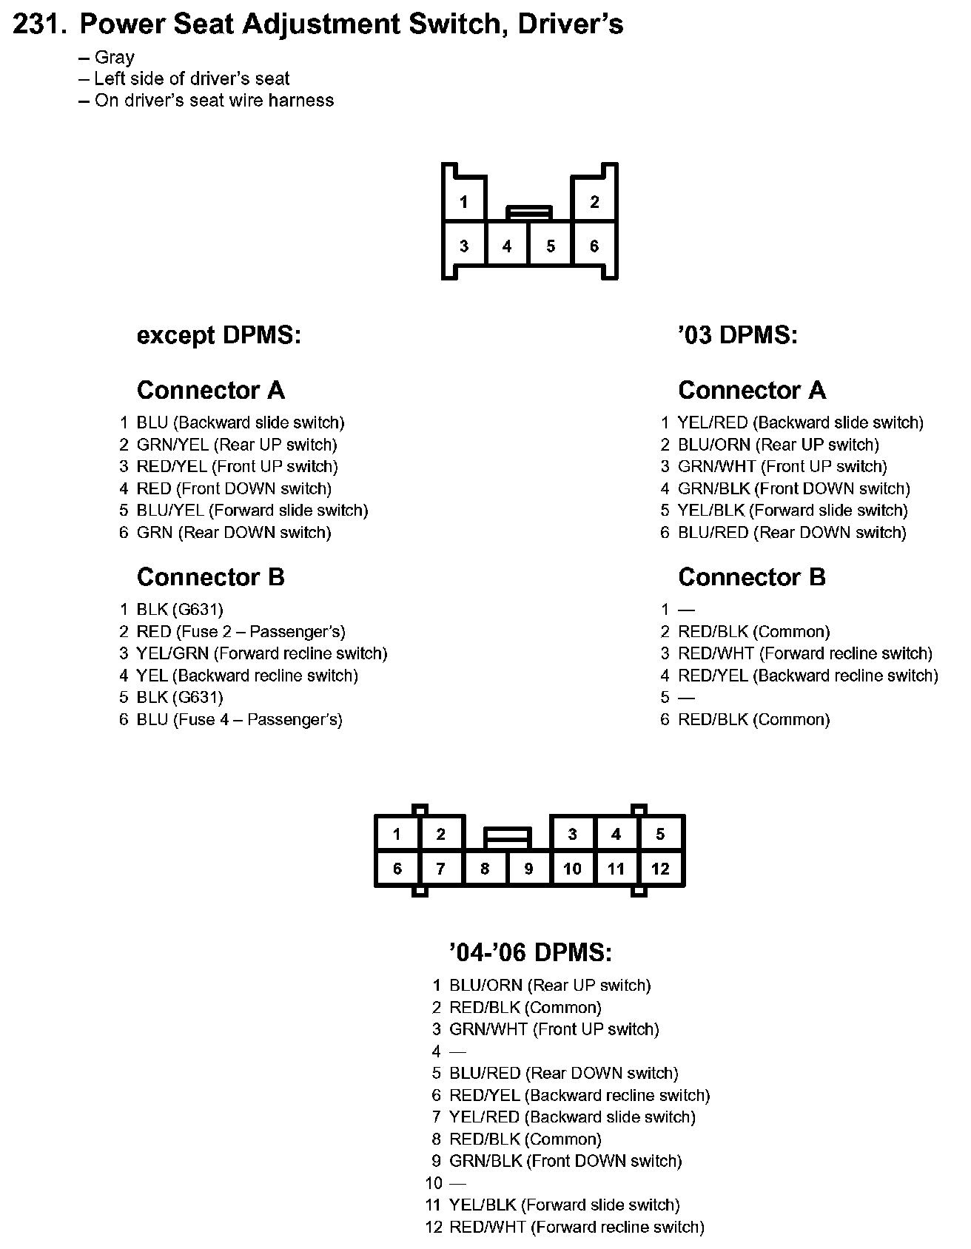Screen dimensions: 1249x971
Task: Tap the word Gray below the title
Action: click(114, 58)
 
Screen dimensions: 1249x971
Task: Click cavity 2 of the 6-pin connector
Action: click(594, 202)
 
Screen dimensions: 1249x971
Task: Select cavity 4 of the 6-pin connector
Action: click(507, 246)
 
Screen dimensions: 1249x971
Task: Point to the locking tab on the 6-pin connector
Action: click(529, 213)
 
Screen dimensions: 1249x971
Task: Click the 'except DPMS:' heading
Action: click(219, 335)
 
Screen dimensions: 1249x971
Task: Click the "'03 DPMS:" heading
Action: click(737, 335)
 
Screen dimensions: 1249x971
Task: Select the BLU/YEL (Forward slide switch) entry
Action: click(252, 511)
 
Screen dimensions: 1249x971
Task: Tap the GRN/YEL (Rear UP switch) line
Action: click(237, 445)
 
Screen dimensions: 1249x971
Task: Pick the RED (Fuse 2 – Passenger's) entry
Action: click(241, 632)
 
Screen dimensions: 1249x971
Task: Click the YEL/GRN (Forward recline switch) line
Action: click(261, 653)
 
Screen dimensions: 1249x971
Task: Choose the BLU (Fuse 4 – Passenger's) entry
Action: click(239, 719)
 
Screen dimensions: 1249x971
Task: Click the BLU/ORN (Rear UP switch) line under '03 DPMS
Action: click(778, 445)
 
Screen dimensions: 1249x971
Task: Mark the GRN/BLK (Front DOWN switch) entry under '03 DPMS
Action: click(793, 488)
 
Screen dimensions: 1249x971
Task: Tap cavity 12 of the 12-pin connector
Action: click(660, 869)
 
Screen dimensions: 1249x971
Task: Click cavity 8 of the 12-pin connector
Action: click(485, 869)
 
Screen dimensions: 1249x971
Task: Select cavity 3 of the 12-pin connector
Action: click(572, 835)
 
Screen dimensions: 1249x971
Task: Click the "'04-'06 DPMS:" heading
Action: click(531, 952)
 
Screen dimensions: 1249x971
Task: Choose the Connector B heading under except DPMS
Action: click(211, 577)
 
